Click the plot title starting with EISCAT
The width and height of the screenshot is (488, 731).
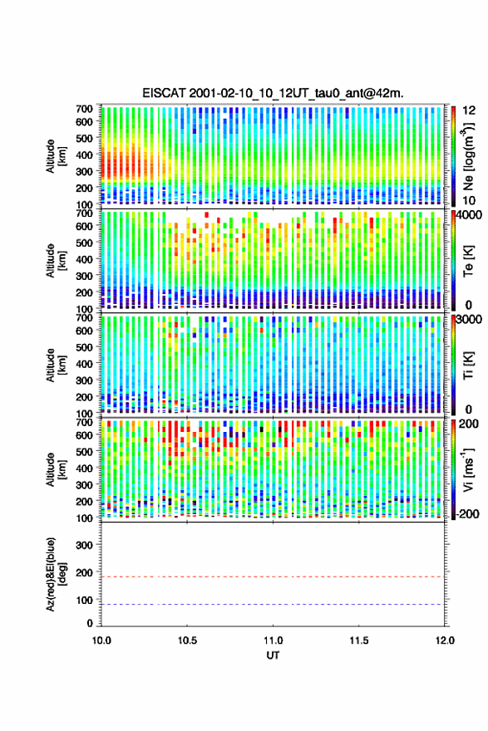[273, 93]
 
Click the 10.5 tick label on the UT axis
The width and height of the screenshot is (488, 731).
[187, 640]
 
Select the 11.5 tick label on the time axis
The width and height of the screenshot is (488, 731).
[359, 640]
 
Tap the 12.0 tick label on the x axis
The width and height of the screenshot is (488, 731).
[445, 640]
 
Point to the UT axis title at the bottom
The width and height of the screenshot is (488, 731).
[273, 655]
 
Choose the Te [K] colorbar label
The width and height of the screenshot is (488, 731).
[468, 262]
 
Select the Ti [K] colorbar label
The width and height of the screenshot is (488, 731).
[468, 365]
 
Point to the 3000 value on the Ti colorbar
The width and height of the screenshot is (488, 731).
[470, 320]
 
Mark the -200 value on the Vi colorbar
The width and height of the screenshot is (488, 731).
[466, 513]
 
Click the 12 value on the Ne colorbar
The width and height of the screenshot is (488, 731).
[469, 110]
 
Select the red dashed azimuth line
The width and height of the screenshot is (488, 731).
[272, 576]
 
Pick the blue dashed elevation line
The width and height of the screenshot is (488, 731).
[272, 604]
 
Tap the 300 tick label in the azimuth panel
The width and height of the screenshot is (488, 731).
[84, 545]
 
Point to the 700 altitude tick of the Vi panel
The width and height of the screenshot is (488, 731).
[84, 422]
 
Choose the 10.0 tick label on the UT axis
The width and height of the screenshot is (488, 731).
[101, 640]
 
